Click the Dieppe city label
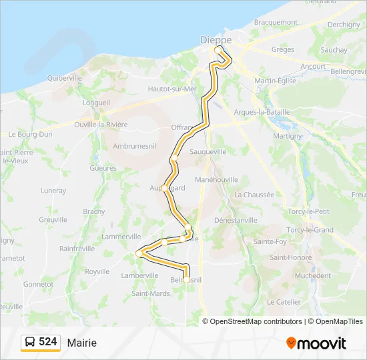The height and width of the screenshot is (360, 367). point(216,40)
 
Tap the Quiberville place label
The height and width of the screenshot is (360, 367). point(65,78)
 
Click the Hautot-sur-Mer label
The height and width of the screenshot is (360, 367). point(172,89)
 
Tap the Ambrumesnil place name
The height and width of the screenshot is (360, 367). point(135,145)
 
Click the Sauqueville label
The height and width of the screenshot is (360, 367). point(208,152)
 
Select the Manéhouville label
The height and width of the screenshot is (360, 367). point(216,180)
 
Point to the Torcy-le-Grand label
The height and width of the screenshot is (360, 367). point(310,230)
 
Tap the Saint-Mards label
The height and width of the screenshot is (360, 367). point(151,293)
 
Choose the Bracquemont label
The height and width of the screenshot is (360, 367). point(276,22)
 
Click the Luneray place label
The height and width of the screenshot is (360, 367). point(53,191)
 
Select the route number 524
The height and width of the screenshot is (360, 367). point(47,341)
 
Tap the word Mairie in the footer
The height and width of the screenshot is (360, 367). point(81,343)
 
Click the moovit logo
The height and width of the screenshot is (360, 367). point(316,343)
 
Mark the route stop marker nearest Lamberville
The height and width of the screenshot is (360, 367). point(139,253)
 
